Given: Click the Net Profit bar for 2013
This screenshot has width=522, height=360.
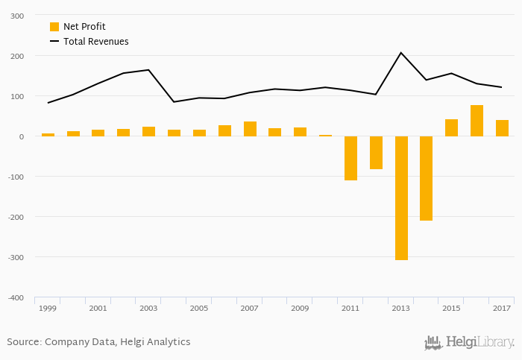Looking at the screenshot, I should (x=401, y=198).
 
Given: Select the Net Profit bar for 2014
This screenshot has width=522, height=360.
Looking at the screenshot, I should (x=427, y=178).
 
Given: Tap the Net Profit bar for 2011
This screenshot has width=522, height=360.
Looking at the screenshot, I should (x=350, y=158).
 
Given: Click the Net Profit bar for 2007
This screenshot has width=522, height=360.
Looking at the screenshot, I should (x=250, y=129).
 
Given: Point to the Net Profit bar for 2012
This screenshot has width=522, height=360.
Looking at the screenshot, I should (x=376, y=153).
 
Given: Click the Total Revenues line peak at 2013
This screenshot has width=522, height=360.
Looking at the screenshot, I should (x=401, y=53).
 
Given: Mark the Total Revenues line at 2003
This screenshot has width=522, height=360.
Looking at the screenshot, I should (x=149, y=70).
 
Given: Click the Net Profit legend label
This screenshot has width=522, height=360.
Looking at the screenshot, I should (x=84, y=27).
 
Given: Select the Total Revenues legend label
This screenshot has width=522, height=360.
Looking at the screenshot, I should (x=95, y=42).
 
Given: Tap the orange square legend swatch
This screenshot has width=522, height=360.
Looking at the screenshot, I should (x=54, y=27).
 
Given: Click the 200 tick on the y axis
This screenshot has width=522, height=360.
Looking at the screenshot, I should (x=16, y=56).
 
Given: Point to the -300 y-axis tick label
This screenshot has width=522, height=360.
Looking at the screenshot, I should (x=14, y=257).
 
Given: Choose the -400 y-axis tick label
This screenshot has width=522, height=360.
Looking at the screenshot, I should (x=14, y=297).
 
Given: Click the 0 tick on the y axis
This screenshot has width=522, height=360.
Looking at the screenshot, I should (x=21, y=136).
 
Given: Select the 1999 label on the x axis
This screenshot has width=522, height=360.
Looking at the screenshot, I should (x=48, y=308).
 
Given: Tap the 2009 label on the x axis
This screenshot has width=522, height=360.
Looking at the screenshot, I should (x=300, y=308).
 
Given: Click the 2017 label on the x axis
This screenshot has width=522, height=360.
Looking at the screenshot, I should (x=502, y=308).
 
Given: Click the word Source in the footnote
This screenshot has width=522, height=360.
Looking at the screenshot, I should (x=23, y=342).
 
